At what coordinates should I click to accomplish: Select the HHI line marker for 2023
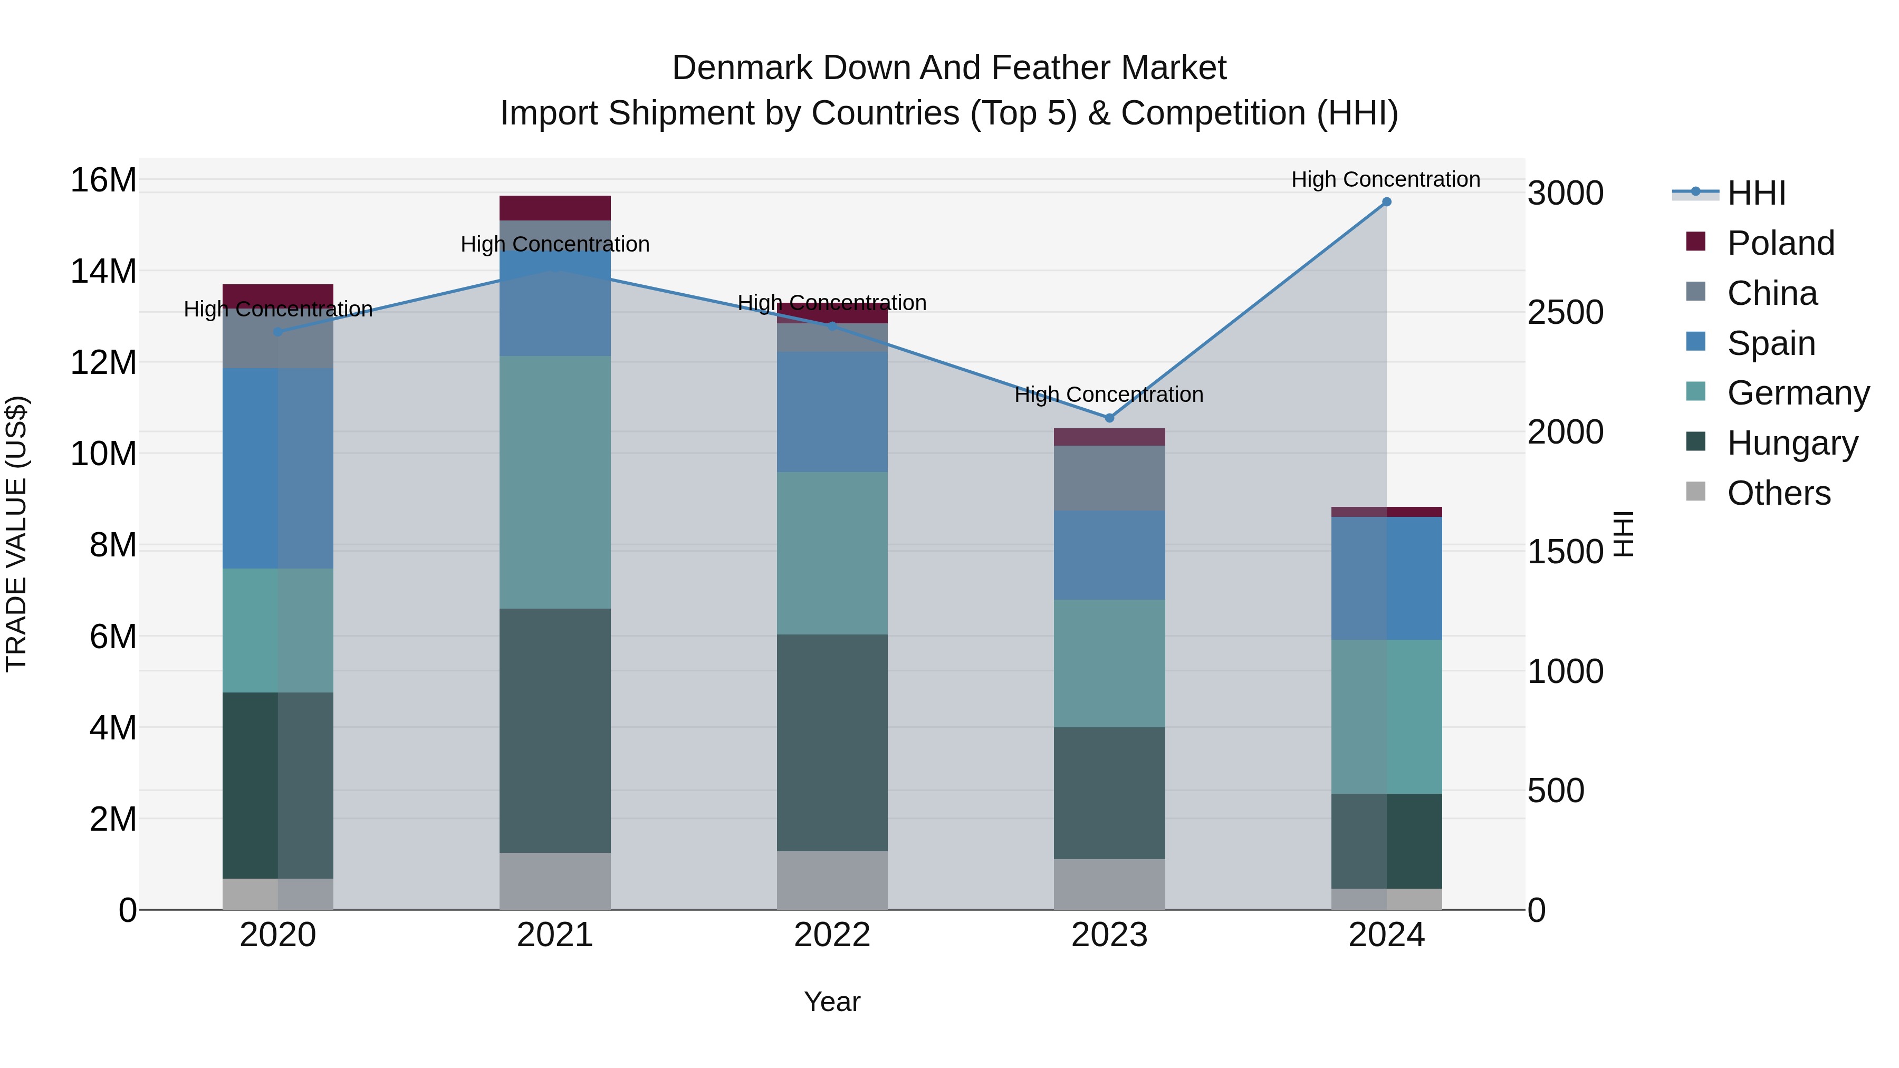coord(1109,418)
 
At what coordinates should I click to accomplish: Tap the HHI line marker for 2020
coord(278,332)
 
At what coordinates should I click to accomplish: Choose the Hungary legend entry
coord(1791,443)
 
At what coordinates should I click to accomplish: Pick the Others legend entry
coord(1778,493)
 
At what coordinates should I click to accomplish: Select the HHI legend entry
coord(1756,193)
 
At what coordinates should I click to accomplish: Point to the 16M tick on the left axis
coord(103,180)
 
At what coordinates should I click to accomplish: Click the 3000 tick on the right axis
coord(1565,193)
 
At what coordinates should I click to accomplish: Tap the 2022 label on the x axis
coord(832,935)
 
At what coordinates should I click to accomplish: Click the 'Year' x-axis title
coord(832,1002)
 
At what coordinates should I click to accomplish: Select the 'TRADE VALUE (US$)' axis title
coord(16,534)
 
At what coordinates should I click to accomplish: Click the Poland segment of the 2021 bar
coord(555,208)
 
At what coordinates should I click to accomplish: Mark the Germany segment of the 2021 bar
coord(555,482)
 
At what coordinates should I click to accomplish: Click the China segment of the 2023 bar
coord(1109,478)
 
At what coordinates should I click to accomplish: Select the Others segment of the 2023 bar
coord(1109,884)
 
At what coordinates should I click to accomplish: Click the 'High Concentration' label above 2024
coord(1385,179)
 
